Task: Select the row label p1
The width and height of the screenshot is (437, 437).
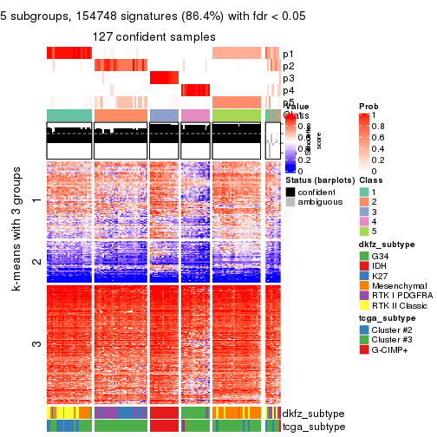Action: coord(288,54)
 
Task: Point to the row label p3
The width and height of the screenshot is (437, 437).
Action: coord(288,78)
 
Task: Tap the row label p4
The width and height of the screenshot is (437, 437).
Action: coord(288,90)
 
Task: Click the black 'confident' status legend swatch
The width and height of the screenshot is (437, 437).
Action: coord(290,191)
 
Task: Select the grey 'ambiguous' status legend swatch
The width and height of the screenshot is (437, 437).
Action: coord(290,203)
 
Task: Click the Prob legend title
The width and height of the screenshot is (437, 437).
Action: coord(368,105)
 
